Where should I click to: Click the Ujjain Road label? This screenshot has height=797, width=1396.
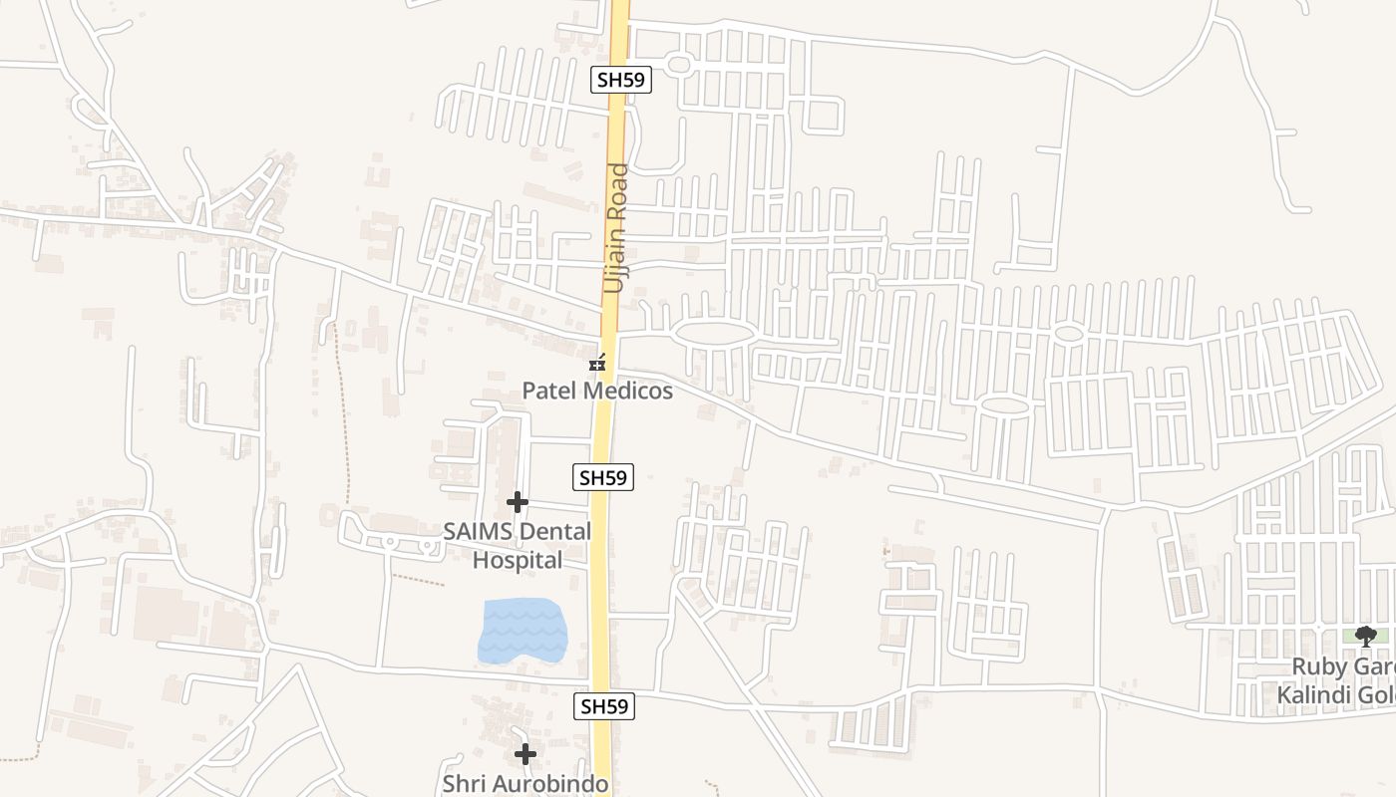617,228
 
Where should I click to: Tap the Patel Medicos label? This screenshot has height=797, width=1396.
597,391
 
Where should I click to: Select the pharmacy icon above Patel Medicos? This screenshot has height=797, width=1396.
597,365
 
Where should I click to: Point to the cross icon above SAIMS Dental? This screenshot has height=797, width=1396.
517,502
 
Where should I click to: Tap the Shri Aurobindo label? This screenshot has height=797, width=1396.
524,783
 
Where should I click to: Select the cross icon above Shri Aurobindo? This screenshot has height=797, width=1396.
525,754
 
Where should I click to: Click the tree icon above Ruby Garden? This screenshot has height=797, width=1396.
1366,636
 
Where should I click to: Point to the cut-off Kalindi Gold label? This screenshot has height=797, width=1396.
1336,693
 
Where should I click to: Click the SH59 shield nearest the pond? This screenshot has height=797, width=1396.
605,706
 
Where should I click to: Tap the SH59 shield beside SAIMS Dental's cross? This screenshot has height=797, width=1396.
604,478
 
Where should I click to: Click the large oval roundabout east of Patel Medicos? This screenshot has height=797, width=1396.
712,335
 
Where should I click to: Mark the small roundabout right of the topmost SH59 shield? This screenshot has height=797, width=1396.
679,65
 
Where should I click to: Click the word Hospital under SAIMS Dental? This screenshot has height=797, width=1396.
517,560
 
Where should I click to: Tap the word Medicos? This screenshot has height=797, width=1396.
628,391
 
